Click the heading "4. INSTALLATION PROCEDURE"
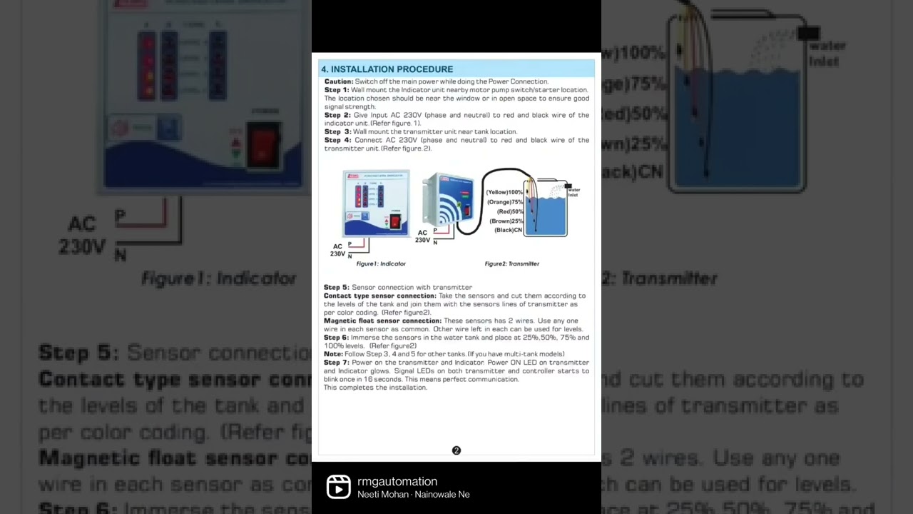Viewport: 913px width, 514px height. pos(387,69)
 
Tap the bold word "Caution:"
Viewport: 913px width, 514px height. pos(339,82)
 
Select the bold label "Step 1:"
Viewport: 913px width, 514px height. pos(337,90)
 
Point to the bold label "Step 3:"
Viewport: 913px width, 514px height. pos(337,132)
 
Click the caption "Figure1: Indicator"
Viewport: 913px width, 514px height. pos(381,264)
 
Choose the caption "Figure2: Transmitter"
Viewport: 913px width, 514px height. pos(511,264)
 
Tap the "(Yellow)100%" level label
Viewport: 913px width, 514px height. pos(504,193)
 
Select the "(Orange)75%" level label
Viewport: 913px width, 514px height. pos(505,202)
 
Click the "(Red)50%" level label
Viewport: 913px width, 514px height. pos(510,211)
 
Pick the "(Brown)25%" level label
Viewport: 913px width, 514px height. pos(506,221)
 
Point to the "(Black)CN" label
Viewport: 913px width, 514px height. pos(509,230)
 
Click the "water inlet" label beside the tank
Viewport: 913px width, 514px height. pos(573,193)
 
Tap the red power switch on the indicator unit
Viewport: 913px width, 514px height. pos(394,222)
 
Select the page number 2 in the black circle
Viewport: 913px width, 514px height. pos(456,450)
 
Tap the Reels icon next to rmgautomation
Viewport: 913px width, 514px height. pos(338,487)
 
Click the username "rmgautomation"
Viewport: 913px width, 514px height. pos(397,482)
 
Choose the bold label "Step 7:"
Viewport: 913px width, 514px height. pos(337,363)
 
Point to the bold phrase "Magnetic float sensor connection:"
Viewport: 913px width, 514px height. pos(382,321)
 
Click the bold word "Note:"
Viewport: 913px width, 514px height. pos(333,354)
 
